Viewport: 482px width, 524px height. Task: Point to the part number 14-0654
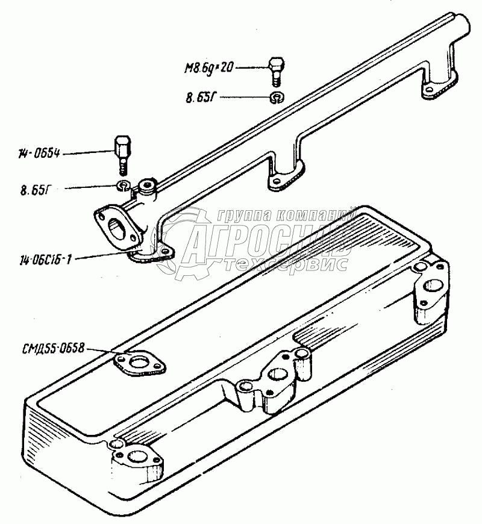point(40,155)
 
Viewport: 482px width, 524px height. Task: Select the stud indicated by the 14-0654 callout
point(120,153)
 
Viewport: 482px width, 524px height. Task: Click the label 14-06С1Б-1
point(46,260)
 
